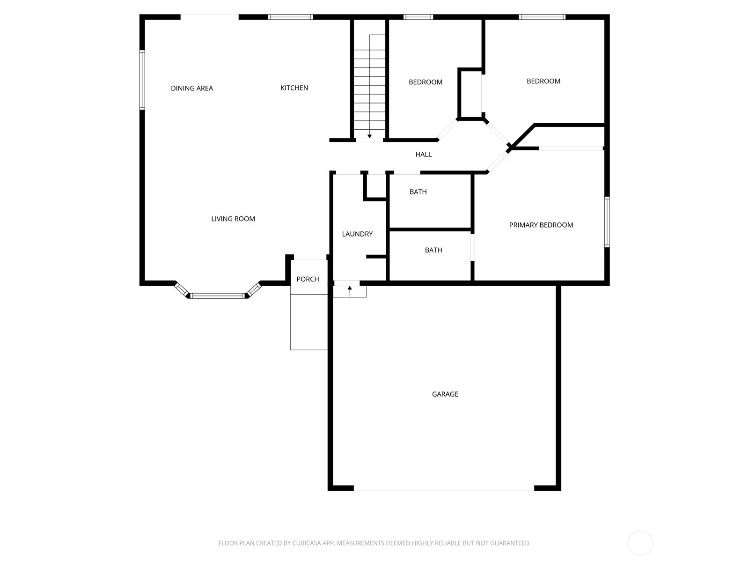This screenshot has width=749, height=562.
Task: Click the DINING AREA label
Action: tap(192, 88)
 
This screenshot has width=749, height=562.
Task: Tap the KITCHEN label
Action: tap(294, 88)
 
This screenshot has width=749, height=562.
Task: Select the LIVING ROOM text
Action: tap(233, 219)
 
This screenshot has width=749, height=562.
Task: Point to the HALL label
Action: tap(424, 154)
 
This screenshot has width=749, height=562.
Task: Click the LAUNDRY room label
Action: tap(357, 234)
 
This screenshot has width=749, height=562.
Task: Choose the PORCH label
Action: tap(308, 279)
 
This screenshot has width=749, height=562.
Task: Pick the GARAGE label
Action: tap(445, 394)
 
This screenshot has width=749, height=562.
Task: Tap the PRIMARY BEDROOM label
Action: tap(541, 225)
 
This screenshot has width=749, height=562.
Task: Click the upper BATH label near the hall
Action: tap(418, 192)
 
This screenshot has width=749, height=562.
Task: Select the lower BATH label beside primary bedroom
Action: tap(433, 250)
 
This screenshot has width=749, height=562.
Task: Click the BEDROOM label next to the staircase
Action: tap(425, 82)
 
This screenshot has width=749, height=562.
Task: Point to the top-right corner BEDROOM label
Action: tap(543, 81)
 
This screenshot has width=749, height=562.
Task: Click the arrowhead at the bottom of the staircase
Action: tap(369, 136)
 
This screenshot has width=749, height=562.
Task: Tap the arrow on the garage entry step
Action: tap(350, 288)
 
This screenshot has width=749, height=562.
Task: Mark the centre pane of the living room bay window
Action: tap(218, 296)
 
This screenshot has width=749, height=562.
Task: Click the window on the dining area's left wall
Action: tap(142, 80)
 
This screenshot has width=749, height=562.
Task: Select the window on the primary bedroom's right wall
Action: tap(607, 222)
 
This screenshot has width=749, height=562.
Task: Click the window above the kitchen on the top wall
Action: tap(290, 17)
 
